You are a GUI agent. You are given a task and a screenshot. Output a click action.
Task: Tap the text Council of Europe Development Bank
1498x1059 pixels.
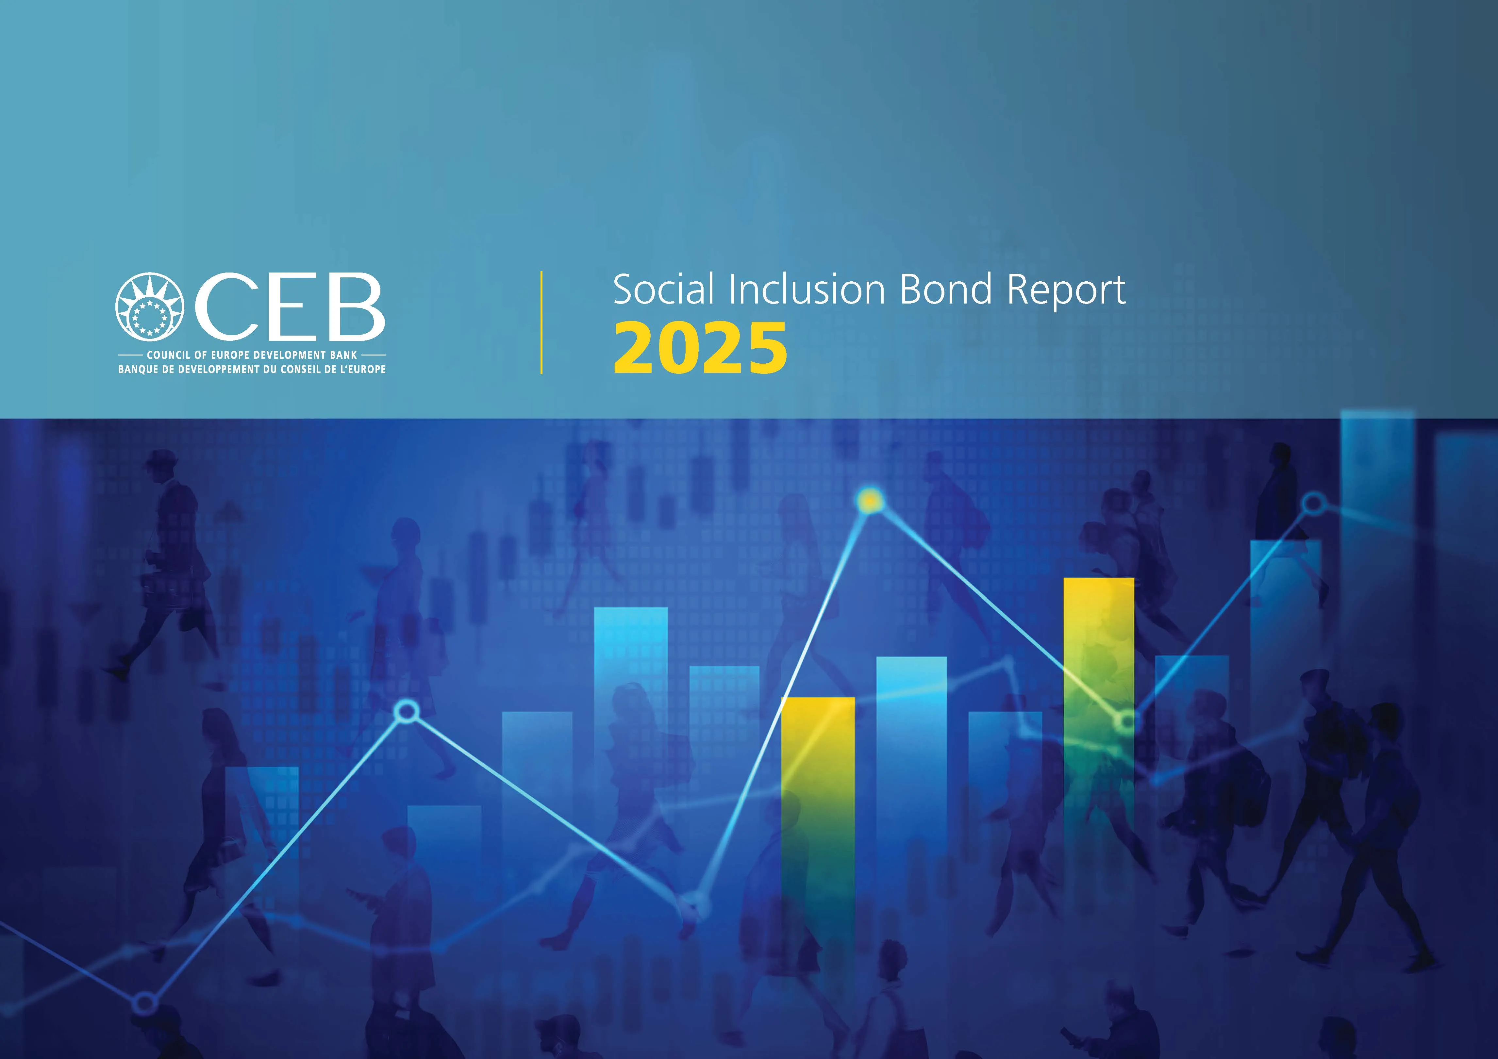[252, 355]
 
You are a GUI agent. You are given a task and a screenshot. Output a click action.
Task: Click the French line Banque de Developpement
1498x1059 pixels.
[252, 369]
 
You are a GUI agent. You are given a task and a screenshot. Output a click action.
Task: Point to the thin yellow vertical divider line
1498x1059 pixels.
[541, 323]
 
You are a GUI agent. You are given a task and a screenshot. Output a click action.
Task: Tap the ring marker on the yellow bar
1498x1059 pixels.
[1127, 722]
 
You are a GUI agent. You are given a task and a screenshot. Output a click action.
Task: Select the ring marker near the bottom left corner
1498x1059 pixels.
[145, 1003]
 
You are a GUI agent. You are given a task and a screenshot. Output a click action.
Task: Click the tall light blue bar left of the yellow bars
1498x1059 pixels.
[631, 685]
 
